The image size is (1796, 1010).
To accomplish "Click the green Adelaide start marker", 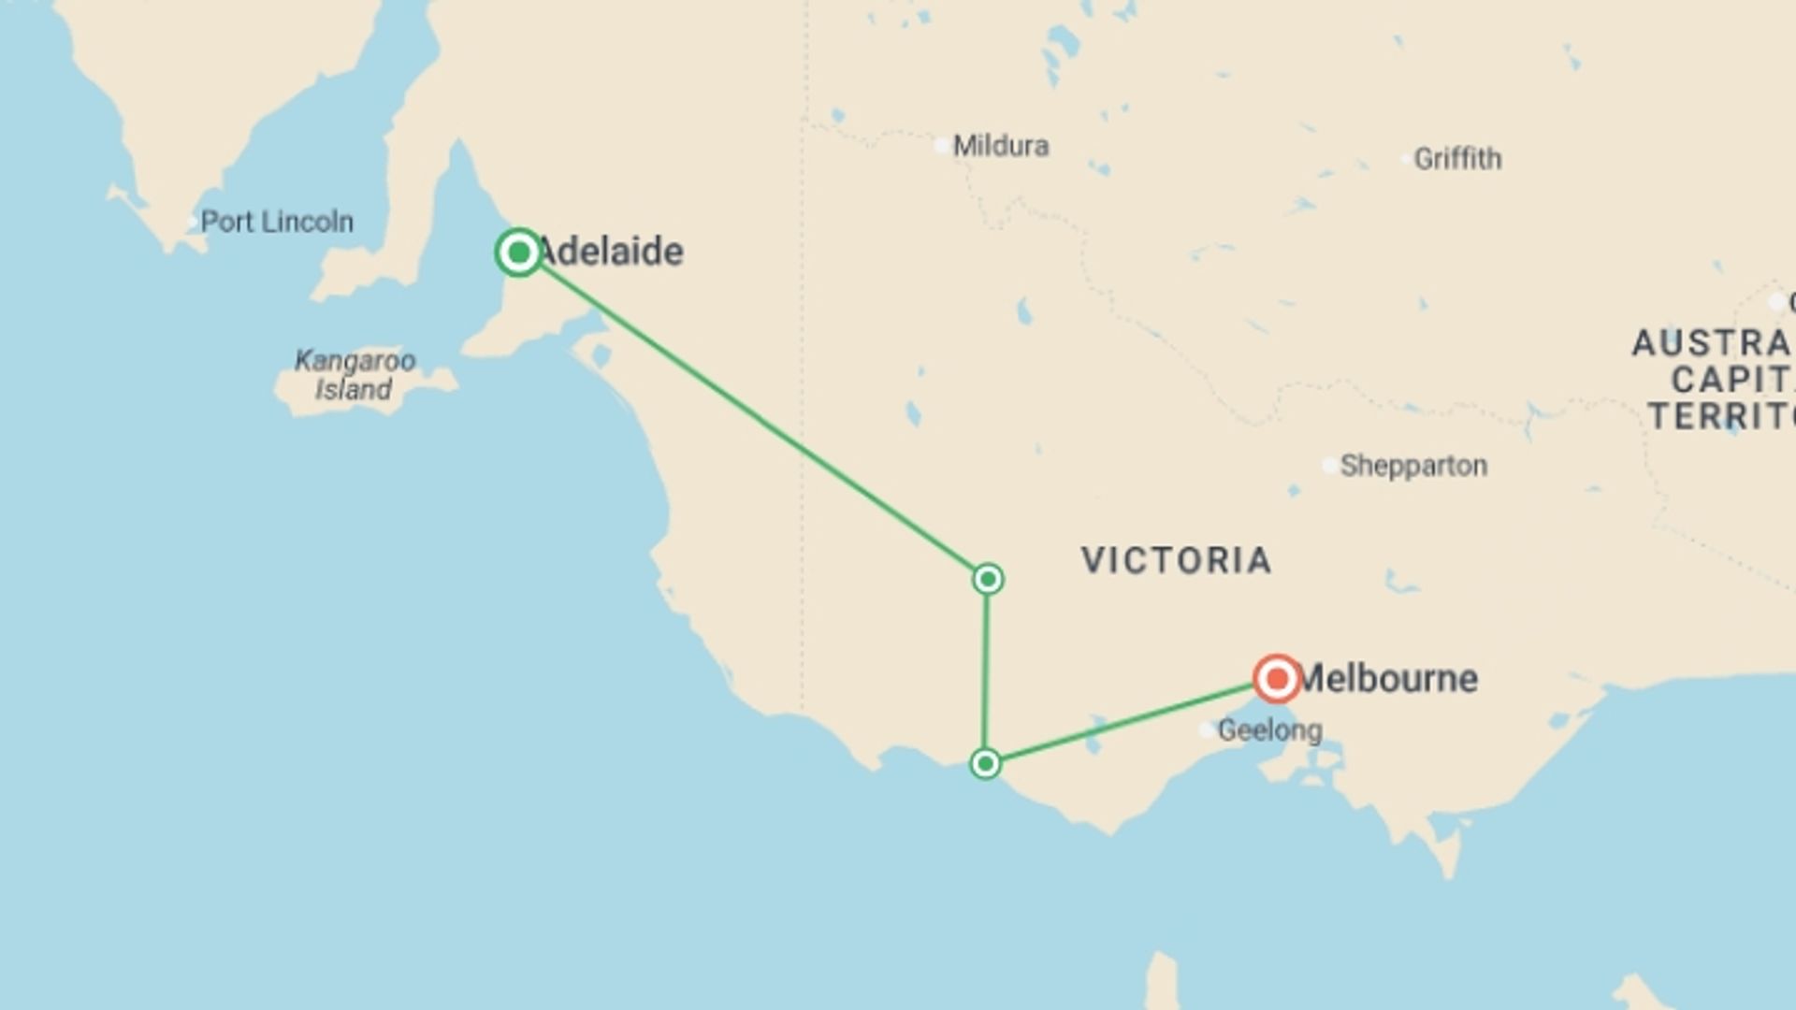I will pos(519,252).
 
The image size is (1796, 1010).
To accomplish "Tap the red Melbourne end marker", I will pos(1277,678).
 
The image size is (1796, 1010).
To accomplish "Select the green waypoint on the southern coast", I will pos(985,764).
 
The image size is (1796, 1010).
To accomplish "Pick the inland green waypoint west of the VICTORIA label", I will pos(988,580).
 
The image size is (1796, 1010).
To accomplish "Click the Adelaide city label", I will pos(611,252).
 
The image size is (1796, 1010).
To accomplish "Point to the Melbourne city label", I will pos(1389,679).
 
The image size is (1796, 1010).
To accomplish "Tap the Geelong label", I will pos(1269,730).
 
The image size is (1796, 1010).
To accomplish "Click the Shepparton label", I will pos(1413,466).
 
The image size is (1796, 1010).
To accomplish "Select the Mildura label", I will pos(1001,146).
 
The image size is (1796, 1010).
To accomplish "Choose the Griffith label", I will pos(1457,159).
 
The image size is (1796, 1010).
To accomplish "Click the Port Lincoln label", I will pos(277,223).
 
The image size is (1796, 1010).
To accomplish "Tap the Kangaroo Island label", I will pos(355,375).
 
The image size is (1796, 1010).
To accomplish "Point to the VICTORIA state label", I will pos(1177,560).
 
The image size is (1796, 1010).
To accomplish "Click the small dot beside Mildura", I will pos(942,146).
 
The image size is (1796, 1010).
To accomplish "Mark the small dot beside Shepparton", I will pos(1329,466).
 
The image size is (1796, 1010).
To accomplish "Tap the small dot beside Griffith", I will pos(1406,160).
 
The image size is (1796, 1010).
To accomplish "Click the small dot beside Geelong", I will pos(1208,730).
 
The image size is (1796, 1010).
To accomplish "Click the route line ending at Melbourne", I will pos(1122,724).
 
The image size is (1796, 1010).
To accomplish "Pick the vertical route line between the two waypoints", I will pos(986,671).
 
